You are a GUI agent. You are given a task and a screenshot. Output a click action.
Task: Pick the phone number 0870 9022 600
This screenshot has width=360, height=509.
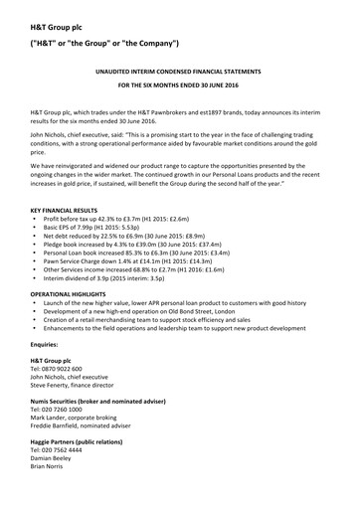(x=68, y=369)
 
